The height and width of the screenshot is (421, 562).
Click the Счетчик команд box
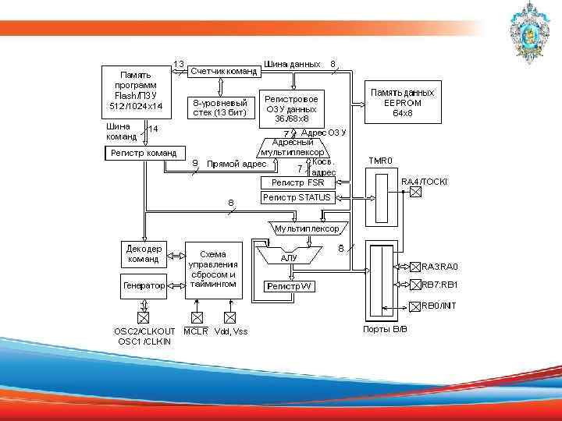[x=224, y=71]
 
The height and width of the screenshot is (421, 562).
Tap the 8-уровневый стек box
[x=220, y=107]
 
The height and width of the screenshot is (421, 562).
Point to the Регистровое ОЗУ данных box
[x=291, y=109]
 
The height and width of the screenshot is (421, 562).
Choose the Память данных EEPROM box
[x=403, y=102]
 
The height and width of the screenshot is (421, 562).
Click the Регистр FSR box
[x=297, y=182]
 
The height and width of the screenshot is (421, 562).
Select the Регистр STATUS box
[x=297, y=197]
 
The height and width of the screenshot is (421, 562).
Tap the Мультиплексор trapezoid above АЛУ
[x=307, y=229]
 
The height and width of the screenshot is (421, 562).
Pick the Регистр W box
[x=289, y=286]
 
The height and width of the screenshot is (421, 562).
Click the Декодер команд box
[x=144, y=253]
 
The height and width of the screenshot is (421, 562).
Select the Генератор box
[x=144, y=286]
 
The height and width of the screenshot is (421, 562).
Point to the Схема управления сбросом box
[x=213, y=269]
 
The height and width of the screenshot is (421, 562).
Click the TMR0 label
[x=381, y=161]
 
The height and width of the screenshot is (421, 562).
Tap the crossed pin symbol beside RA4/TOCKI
[x=415, y=192]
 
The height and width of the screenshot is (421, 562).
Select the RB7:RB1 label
[x=440, y=285]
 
